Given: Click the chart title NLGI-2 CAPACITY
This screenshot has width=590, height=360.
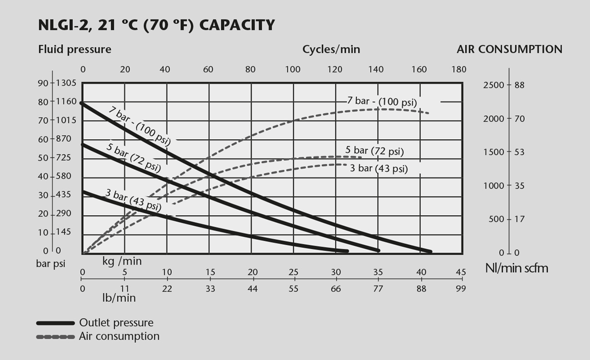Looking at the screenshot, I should pos(157,25).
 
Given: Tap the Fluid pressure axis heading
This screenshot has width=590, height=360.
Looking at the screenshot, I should pos(74,49).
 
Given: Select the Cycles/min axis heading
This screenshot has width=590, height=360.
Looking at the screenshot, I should pos(331,49).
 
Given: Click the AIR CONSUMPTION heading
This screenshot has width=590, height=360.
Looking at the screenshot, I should pos(509,49).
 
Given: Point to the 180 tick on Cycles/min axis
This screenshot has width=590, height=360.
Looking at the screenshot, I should pos(459,70).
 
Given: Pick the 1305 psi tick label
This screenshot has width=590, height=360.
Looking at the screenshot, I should pos(66,83).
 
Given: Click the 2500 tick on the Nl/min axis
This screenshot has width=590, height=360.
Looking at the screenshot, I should pos(493,85).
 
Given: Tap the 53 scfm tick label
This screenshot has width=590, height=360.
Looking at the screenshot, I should pos(519,152).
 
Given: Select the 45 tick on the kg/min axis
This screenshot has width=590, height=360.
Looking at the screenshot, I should pos(460,272).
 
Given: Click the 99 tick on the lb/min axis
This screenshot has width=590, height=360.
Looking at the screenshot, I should pos(460,289).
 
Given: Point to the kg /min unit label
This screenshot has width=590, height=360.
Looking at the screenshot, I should pos(122,261).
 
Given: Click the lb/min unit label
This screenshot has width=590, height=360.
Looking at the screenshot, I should pos(119,298).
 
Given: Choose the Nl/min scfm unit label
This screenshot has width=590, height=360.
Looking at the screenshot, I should pos(517,268).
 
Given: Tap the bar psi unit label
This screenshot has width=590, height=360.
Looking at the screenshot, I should pos(51,264).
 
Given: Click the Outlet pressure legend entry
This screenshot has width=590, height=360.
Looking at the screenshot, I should pos(116,323).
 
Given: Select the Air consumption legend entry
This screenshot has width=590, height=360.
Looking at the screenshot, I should pos(119,337).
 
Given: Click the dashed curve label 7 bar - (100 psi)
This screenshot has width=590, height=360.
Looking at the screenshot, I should pos(382,101).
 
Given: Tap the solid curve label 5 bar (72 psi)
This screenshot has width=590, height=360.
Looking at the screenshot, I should pos(134,157).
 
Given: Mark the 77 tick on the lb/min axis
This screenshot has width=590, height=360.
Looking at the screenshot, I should pos(378,289).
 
